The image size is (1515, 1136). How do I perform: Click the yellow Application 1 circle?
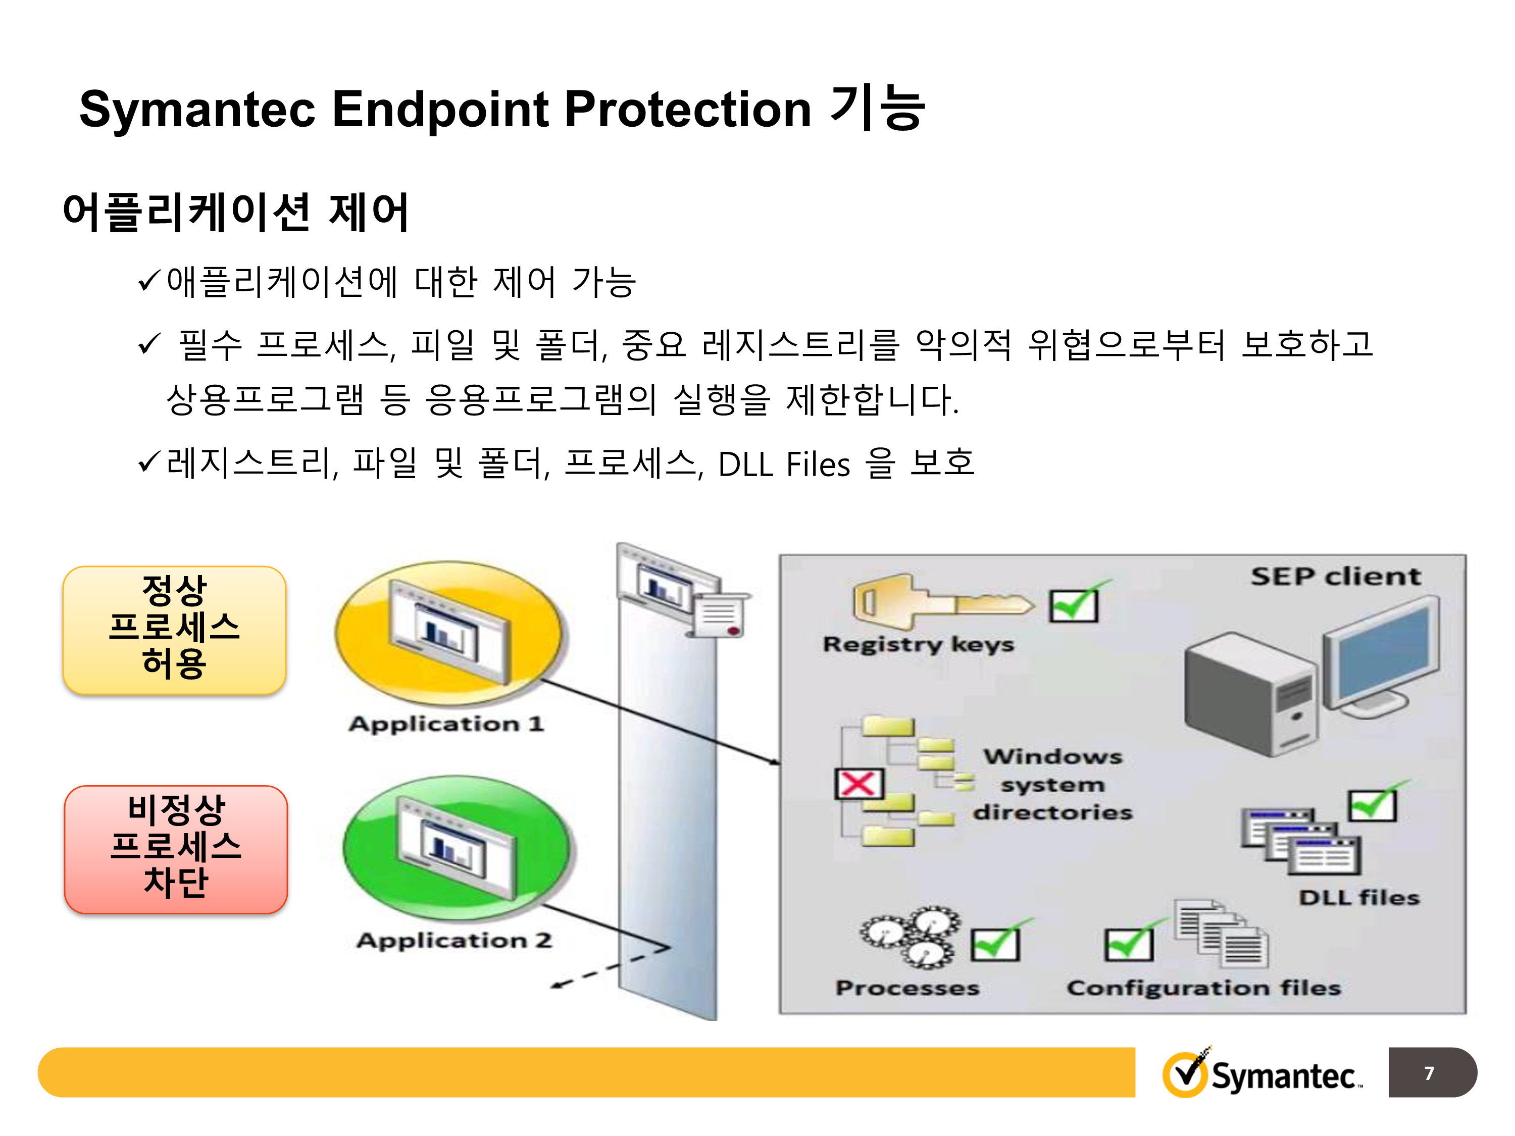[448, 634]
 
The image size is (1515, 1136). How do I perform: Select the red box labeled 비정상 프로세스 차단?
[176, 849]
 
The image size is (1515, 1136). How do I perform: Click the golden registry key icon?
[942, 601]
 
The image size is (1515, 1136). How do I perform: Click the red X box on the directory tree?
[859, 784]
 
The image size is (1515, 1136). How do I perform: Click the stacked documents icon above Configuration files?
[1221, 934]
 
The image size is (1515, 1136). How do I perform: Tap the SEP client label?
[1336, 577]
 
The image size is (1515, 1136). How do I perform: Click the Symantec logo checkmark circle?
[1186, 1072]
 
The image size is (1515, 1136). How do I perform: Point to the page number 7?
[1429, 1073]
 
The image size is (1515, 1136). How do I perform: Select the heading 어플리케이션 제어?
[236, 212]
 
